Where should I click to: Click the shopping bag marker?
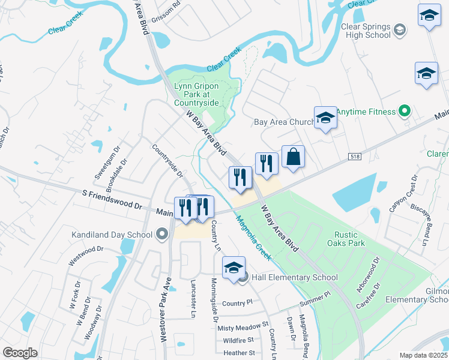(293, 158)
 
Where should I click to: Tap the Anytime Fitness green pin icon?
(405, 112)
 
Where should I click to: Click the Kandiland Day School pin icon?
(161, 235)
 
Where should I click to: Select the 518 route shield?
(355, 156)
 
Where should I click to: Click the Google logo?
(20, 353)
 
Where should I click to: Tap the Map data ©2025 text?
(423, 355)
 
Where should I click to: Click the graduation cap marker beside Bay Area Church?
(325, 118)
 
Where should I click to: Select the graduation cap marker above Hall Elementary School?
(233, 268)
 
